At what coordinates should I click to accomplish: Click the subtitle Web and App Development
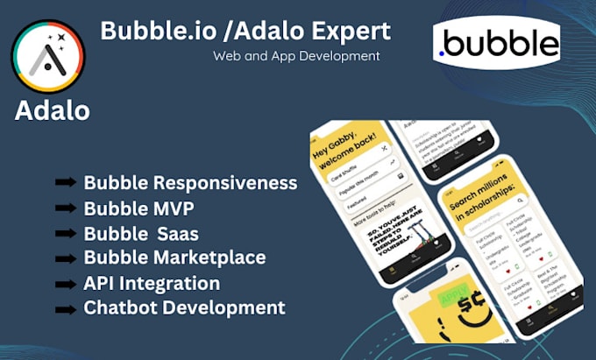tap(295, 56)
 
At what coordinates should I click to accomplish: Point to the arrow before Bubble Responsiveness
tap(65, 183)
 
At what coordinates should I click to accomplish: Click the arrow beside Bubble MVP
tap(65, 208)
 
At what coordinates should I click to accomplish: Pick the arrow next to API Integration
tap(65, 283)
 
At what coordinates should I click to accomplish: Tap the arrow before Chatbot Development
tap(65, 307)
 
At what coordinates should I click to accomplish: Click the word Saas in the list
tap(178, 233)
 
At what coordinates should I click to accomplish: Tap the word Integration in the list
tap(171, 283)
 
